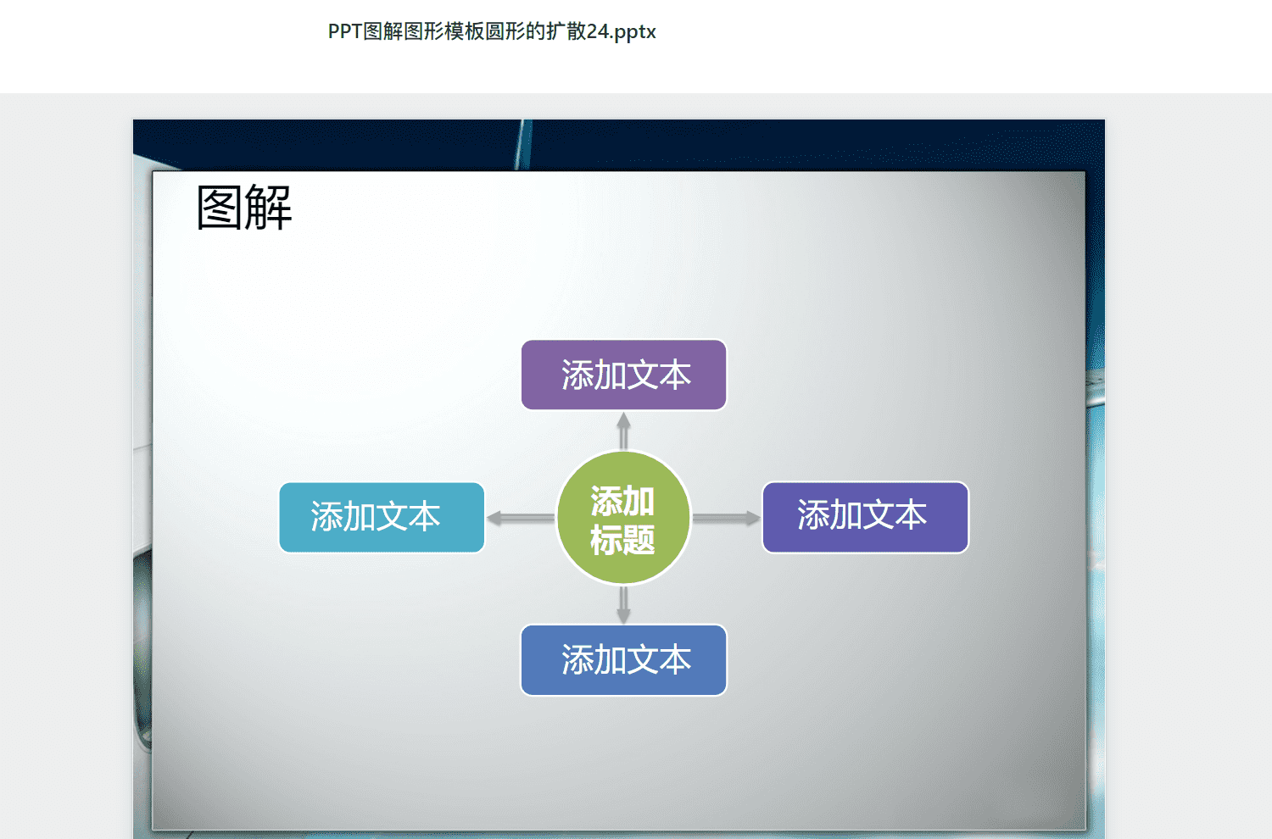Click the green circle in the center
pyautogui.click(x=623, y=518)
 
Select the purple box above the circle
pyautogui.click(x=623, y=375)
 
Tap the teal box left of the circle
pyautogui.click(x=382, y=517)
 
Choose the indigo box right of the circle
pyautogui.click(x=866, y=517)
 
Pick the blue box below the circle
pyautogui.click(x=623, y=660)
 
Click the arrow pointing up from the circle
pyautogui.click(x=623, y=431)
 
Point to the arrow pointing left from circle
pyautogui.click(x=521, y=518)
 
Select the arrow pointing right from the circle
pyautogui.click(x=726, y=518)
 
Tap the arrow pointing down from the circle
pyautogui.click(x=623, y=604)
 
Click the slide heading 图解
pyautogui.click(x=244, y=207)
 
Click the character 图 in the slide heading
pyautogui.click(x=219, y=208)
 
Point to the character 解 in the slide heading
pyautogui.click(x=269, y=207)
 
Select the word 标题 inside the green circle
pyautogui.click(x=623, y=539)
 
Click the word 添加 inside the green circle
pyautogui.click(x=623, y=501)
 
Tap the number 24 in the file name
pyautogui.click(x=598, y=31)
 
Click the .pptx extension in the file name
pyautogui.click(x=633, y=32)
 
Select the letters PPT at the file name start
pyautogui.click(x=345, y=31)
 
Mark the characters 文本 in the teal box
pyautogui.click(x=408, y=517)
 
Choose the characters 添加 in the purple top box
pyautogui.click(x=594, y=375)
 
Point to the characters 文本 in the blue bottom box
pyautogui.click(x=659, y=659)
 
